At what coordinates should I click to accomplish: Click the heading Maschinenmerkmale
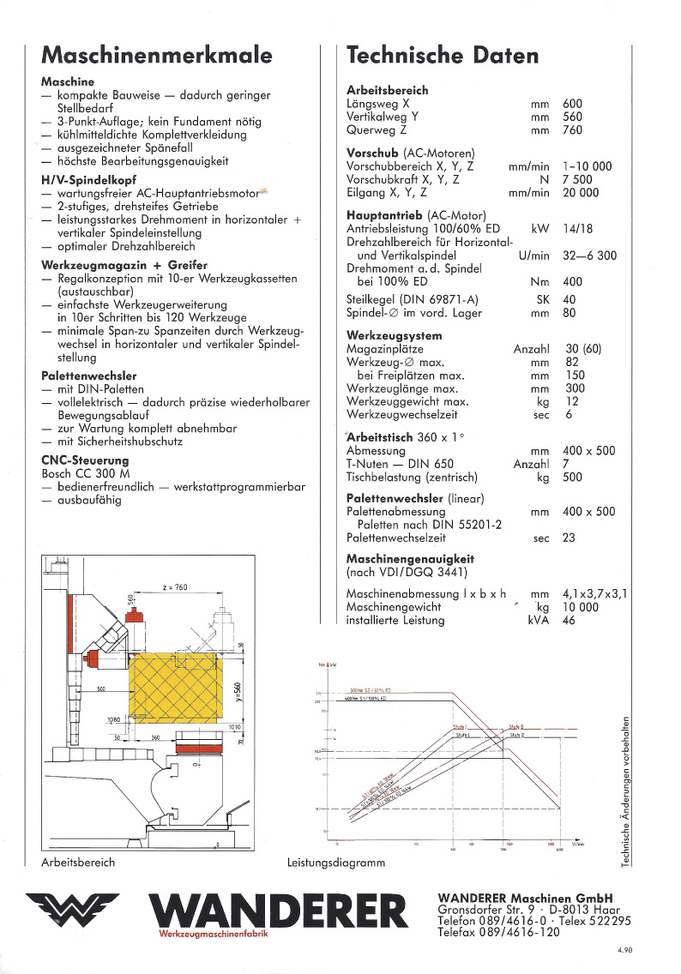(x=157, y=56)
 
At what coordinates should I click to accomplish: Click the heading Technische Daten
(x=443, y=56)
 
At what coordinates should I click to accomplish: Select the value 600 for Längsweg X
(x=572, y=104)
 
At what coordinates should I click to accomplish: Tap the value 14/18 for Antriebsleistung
(x=578, y=230)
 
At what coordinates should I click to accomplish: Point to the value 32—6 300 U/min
(x=589, y=256)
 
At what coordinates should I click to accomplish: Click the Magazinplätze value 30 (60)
(x=582, y=349)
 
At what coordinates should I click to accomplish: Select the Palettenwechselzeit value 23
(x=570, y=538)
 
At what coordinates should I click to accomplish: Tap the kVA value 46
(x=570, y=620)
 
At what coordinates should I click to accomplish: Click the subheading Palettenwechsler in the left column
(x=89, y=376)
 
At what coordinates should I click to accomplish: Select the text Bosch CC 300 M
(x=85, y=473)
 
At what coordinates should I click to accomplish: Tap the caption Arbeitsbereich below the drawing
(x=78, y=863)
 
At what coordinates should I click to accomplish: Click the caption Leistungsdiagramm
(x=336, y=863)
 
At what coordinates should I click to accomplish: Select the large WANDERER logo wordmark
(x=278, y=913)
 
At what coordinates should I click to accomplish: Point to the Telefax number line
(x=498, y=933)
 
